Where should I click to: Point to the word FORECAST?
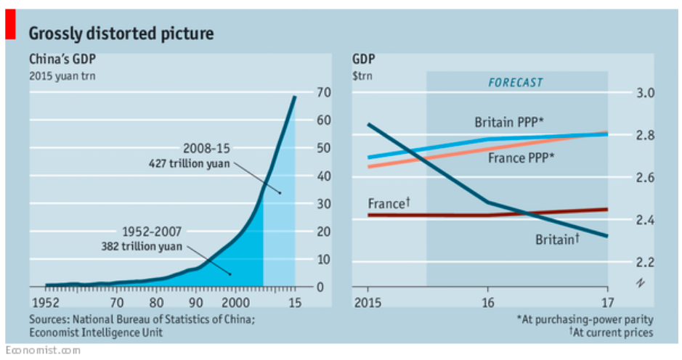coord(515,83)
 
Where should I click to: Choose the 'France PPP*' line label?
coord(516,157)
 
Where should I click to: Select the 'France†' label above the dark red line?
coord(389,204)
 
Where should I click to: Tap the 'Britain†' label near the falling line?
coord(557,238)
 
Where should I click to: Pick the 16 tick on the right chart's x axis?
coord(487,302)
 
